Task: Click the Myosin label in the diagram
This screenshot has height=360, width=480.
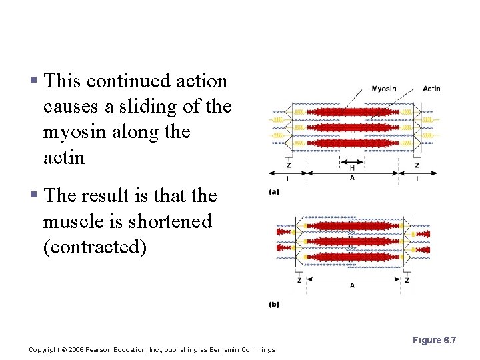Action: [383, 89]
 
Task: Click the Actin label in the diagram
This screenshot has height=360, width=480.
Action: [431, 89]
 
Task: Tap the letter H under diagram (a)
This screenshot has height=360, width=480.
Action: [352, 167]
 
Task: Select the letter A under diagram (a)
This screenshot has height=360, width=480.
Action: [352, 178]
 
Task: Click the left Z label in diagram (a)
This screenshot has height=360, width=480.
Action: [288, 165]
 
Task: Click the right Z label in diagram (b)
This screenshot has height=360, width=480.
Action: [407, 280]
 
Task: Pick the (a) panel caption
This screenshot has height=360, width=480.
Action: [274, 193]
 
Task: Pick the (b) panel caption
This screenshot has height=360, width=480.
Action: [274, 305]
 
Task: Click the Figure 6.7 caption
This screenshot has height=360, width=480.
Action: [434, 341]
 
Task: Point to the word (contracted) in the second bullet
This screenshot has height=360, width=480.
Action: [94, 247]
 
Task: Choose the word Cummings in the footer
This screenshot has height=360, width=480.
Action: [257, 350]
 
